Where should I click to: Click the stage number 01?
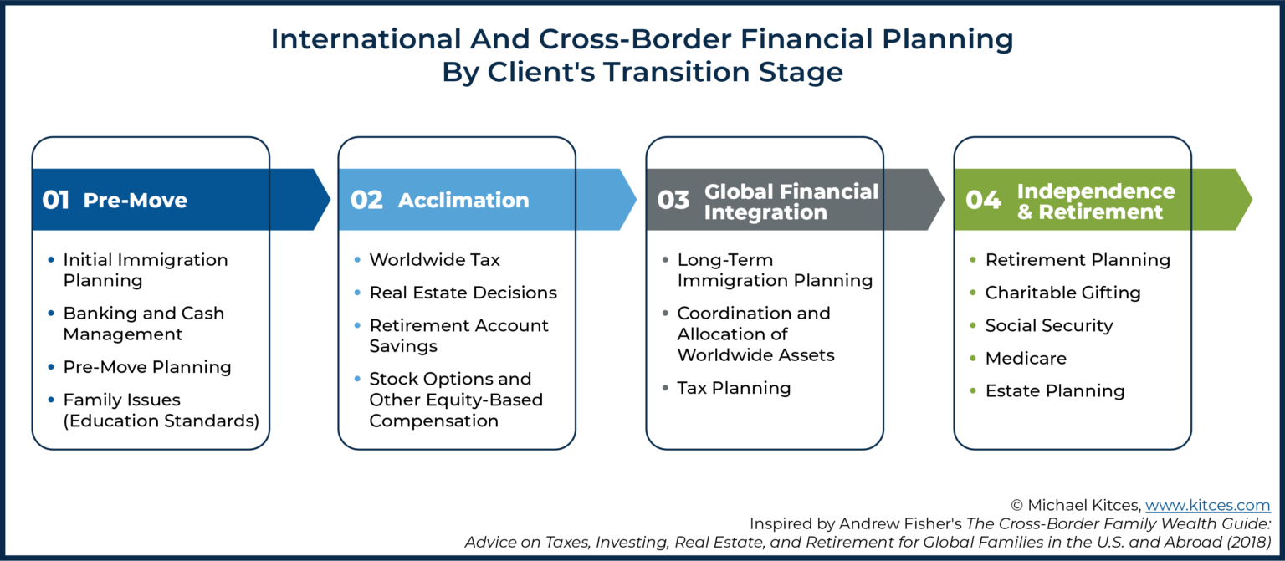click(x=55, y=201)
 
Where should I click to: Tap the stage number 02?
click(x=366, y=201)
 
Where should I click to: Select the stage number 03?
click(x=673, y=201)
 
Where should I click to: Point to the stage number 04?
click(x=983, y=201)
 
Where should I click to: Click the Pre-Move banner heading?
click(x=135, y=201)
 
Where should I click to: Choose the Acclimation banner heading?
click(x=463, y=201)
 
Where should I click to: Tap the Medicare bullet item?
click(x=1026, y=358)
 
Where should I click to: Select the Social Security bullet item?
click(x=1049, y=325)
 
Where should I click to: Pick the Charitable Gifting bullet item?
click(x=1062, y=293)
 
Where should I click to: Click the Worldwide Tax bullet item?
click(x=434, y=260)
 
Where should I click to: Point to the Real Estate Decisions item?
click(x=463, y=293)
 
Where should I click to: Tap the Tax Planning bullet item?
click(x=734, y=388)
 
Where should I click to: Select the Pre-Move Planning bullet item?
click(x=147, y=367)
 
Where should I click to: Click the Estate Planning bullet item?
click(x=1054, y=390)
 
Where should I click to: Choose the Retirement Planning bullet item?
click(x=1078, y=260)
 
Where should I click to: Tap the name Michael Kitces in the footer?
click(x=1085, y=505)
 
